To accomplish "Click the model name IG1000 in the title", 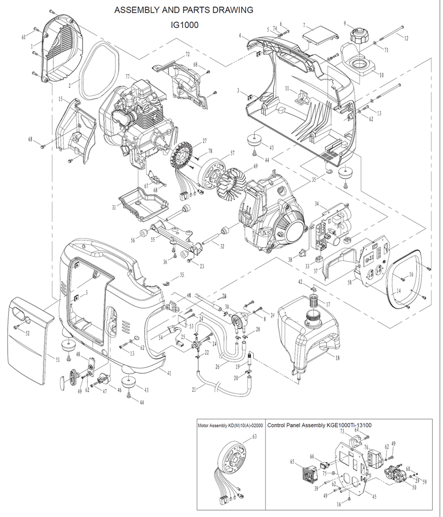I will pos(184,24).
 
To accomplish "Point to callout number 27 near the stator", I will pos(204,141).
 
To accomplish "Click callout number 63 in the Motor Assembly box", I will pos(254,436).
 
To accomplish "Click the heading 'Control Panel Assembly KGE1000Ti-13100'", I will pos(320,425).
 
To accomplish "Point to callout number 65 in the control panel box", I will pos(292,461).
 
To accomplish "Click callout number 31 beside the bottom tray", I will pos(114,207).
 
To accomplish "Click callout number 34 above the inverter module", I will pos(317,204).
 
